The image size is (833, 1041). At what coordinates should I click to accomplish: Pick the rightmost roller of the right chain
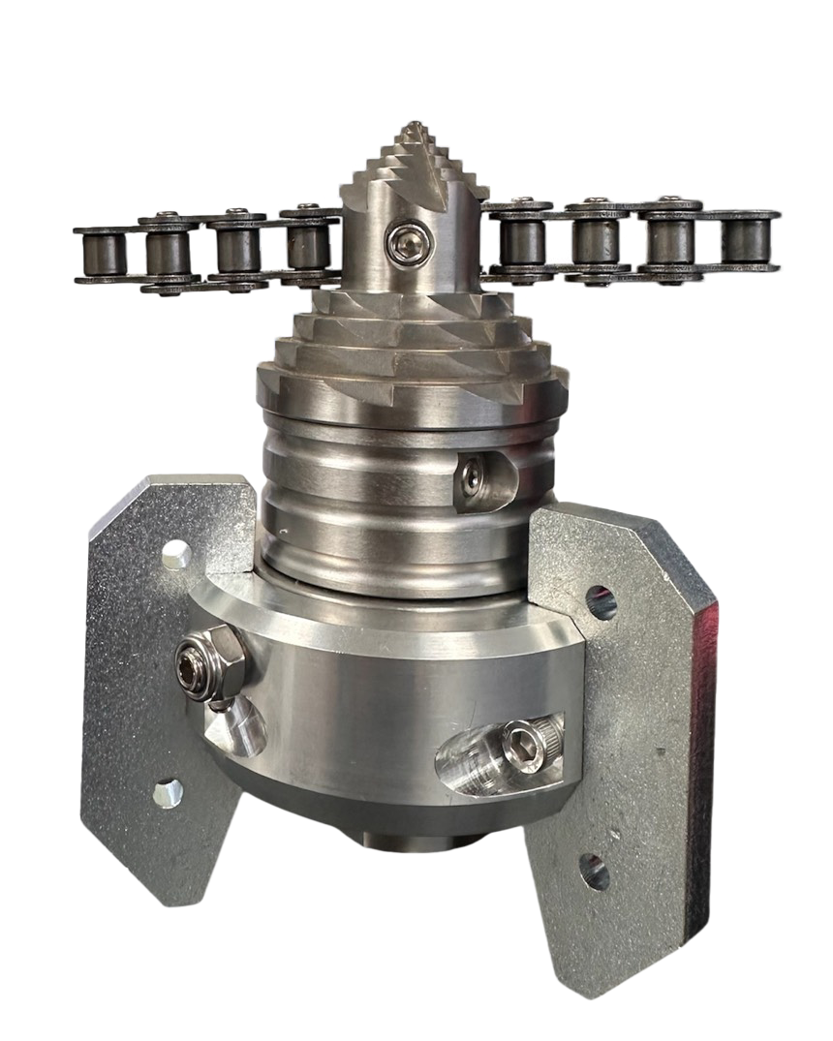pyautogui.click(x=747, y=239)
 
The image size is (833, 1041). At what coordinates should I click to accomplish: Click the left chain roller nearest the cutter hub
pyautogui.click(x=308, y=246)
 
